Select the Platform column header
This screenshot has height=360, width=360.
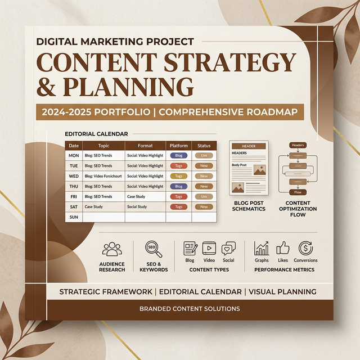point(178,145)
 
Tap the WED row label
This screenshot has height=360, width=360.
point(74,176)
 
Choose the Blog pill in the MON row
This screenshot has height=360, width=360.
point(178,155)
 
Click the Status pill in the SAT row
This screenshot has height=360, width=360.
point(204,206)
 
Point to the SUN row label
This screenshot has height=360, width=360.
point(74,217)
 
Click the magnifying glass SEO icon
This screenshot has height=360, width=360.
point(153,249)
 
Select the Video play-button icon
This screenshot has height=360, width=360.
point(209,248)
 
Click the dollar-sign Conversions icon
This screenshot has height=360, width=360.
point(306,248)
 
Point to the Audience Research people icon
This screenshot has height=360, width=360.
point(111,249)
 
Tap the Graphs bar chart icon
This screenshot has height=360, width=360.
point(262,248)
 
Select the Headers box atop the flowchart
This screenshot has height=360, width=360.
point(298,145)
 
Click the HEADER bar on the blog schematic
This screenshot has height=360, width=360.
point(248,146)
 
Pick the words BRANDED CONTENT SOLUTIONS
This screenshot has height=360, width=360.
point(190,309)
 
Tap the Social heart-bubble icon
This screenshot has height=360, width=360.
point(228,248)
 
